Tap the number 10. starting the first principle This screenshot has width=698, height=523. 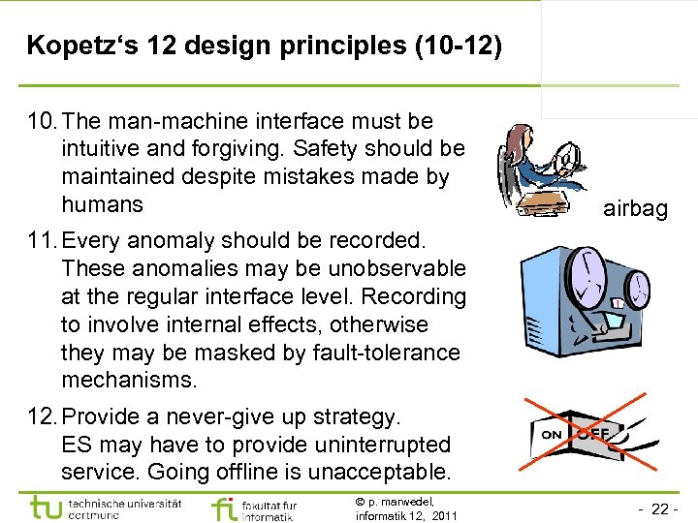(44, 121)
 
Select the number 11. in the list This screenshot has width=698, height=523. (44, 239)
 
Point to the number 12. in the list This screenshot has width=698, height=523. (44, 417)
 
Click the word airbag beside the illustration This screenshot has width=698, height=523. (635, 208)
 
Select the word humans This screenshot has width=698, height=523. (102, 204)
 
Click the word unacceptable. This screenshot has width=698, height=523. (380, 473)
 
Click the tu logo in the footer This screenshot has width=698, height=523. (47, 508)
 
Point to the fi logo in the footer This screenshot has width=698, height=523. (224, 508)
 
